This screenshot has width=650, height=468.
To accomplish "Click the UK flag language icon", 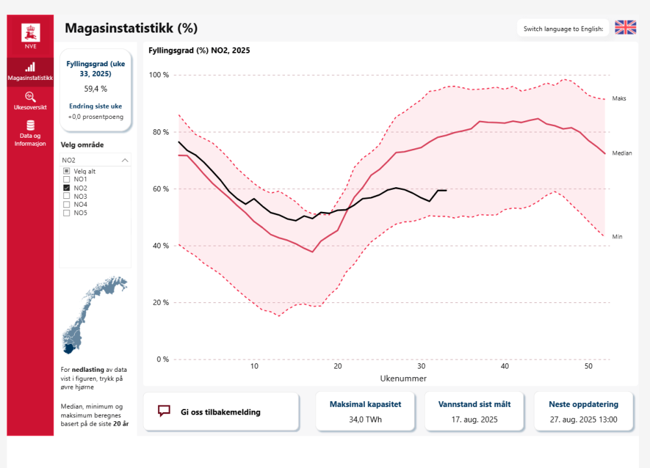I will (x=625, y=27).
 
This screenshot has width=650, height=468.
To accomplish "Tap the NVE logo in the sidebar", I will (x=31, y=35).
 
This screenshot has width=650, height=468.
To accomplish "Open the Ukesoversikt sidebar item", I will (x=30, y=101).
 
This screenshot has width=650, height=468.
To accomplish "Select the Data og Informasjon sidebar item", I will (x=30, y=133).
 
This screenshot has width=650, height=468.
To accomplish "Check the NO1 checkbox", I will (x=66, y=179).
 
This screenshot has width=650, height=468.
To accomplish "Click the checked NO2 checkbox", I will (x=66, y=187).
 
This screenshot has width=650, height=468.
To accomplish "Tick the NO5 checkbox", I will (x=66, y=213).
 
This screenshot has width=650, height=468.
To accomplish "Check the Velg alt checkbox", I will (x=66, y=170).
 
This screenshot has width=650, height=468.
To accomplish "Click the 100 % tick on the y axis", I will (x=159, y=75).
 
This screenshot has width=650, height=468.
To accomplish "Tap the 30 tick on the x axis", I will (x=421, y=367).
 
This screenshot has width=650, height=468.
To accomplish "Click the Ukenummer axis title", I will (x=403, y=378).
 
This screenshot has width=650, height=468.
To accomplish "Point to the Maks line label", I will (x=619, y=99).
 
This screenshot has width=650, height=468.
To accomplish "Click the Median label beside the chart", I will (x=622, y=153).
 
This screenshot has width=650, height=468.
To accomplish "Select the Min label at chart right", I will (x=617, y=237).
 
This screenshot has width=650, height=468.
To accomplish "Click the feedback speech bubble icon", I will (x=164, y=411).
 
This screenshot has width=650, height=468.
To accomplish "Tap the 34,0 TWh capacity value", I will (x=365, y=419).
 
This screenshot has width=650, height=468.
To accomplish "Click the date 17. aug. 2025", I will (x=474, y=419).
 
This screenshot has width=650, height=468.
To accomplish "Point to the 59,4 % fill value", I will (x=96, y=88).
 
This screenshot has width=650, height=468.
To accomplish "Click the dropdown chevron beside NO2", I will (x=125, y=159).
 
